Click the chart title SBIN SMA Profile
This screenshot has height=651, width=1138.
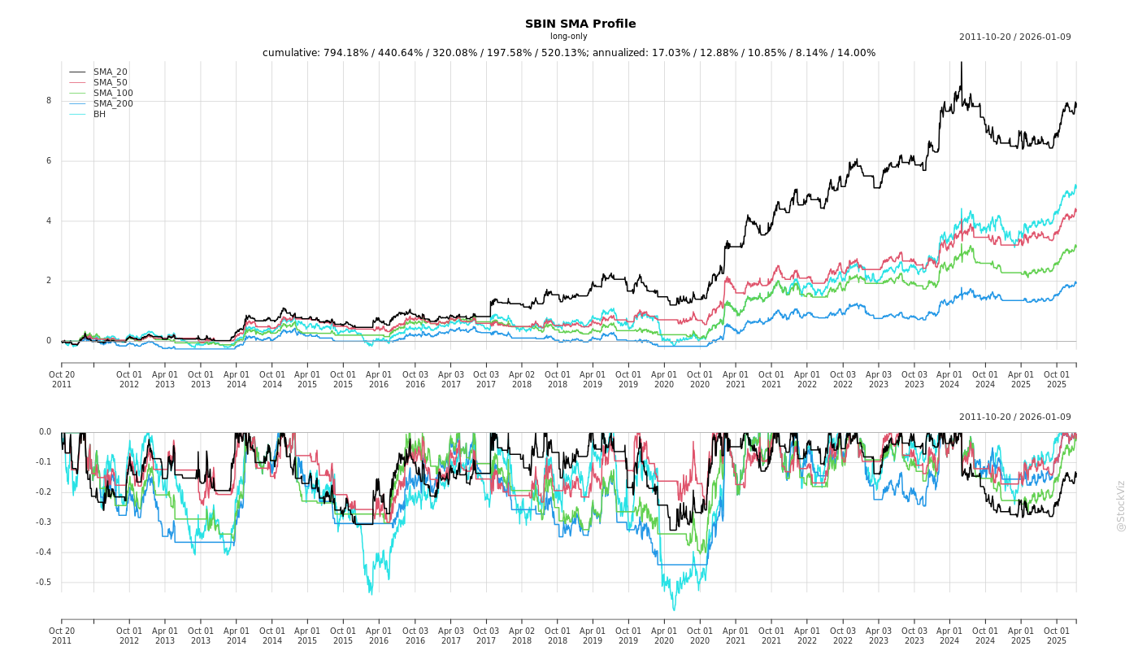(580, 24)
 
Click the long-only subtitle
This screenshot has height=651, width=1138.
(568, 37)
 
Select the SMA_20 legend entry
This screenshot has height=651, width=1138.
(110, 72)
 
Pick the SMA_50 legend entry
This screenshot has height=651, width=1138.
(110, 83)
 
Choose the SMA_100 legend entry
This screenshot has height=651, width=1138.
(113, 94)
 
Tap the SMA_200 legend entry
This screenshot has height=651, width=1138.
(113, 104)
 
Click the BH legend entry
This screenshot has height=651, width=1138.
(99, 115)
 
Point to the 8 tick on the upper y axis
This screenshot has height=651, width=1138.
(48, 101)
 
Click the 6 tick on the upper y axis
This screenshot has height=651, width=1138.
(48, 161)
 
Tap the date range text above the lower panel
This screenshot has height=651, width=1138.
(1014, 417)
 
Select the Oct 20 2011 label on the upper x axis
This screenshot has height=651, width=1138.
(62, 379)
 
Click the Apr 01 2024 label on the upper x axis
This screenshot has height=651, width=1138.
(949, 379)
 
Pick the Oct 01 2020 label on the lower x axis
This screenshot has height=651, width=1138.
(700, 636)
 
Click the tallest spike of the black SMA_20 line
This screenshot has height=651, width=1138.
(961, 63)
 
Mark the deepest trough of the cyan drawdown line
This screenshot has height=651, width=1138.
(673, 609)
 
